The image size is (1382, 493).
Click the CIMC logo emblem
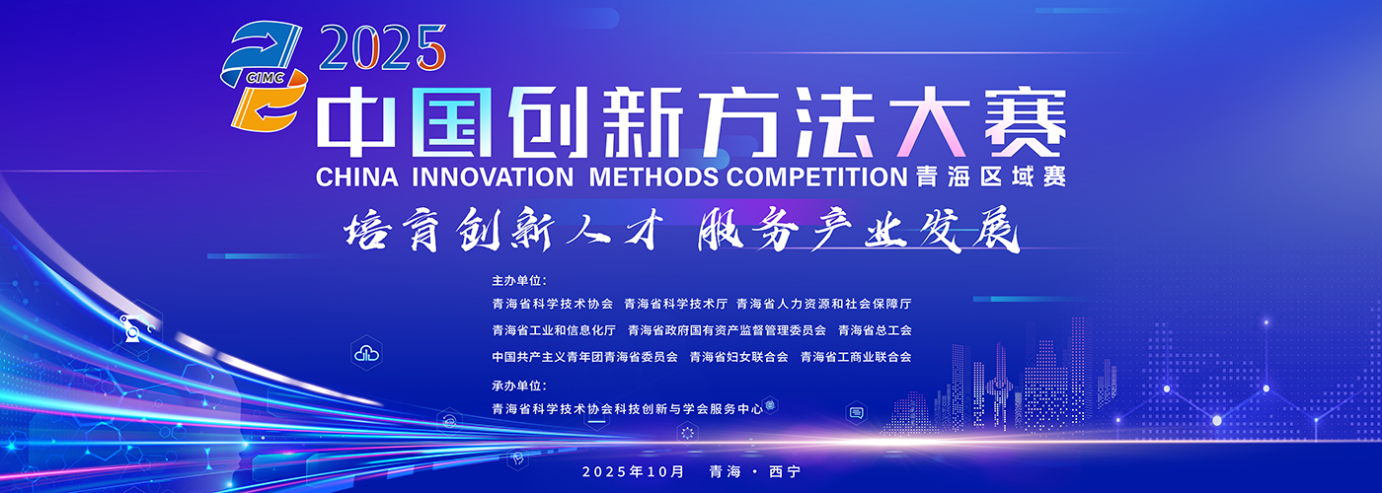coord(265,77)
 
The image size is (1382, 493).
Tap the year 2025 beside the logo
coord(383,47)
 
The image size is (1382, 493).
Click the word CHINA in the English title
coord(356,177)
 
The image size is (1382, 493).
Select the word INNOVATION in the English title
coord(493,177)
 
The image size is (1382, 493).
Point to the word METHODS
coord(653,177)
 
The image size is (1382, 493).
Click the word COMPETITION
coord(817,177)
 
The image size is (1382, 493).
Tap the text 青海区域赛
coord(991,177)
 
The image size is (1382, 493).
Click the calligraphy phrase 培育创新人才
coord(502,230)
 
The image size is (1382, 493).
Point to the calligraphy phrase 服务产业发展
coord(859,230)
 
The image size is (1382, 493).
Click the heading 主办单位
coord(519,281)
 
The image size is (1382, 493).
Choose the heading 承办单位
coord(519,386)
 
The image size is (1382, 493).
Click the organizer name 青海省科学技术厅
coord(675,304)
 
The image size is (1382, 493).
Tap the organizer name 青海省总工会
coord(875,330)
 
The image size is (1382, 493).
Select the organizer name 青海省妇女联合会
coord(738,357)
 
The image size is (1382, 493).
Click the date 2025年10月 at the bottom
coord(633,472)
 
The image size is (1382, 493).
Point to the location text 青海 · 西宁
coord(754,472)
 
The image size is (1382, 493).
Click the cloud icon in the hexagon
coord(366,354)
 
